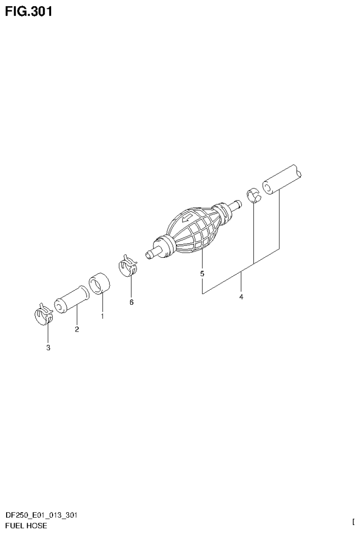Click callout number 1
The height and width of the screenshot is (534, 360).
tap(102, 317)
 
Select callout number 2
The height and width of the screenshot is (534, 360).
tap(77, 329)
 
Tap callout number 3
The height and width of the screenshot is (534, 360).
tap(48, 348)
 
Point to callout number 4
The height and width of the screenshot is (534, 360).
tap(241, 297)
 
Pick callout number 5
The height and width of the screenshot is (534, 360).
tap(202, 274)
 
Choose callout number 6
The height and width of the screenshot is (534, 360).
tap(131, 302)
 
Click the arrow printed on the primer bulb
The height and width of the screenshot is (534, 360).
tap(187, 217)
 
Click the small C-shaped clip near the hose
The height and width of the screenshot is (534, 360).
tap(253, 194)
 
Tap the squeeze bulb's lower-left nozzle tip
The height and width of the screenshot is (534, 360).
tap(150, 254)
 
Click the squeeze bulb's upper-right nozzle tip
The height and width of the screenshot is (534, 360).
tap(237, 204)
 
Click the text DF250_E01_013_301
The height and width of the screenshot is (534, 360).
tap(41, 515)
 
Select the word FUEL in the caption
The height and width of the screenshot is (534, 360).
tap(14, 526)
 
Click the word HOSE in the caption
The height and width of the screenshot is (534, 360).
tap(37, 526)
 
